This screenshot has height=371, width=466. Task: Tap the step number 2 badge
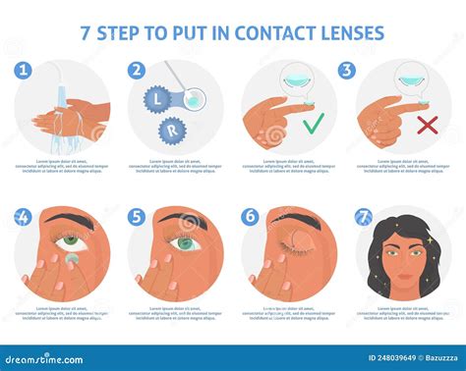[x=138, y=71]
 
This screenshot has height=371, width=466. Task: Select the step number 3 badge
[x=346, y=71]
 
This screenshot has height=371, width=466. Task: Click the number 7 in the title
[x=87, y=32]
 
